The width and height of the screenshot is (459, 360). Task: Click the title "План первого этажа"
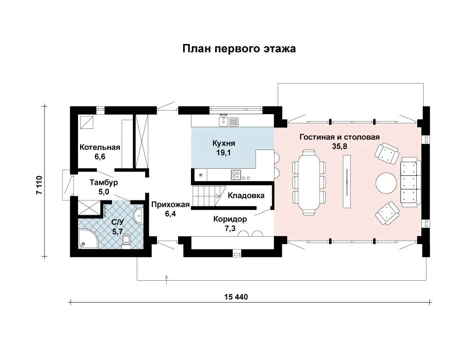coord(239,49)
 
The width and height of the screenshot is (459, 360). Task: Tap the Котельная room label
coord(100,147)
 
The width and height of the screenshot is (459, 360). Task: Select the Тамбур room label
coord(104,183)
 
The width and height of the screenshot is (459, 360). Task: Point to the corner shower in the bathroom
coord(86,239)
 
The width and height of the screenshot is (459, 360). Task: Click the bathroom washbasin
coord(138,216)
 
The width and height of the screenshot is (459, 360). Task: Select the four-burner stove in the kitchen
coord(235,175)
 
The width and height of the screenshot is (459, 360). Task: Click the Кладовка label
coord(246,195)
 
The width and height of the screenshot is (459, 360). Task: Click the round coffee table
coord(386,183)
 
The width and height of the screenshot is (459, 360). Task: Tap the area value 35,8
coord(339,146)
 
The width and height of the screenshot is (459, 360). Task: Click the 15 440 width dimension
coord(236,297)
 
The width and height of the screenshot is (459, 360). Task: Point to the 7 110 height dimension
coord(39,185)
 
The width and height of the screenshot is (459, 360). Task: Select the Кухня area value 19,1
coord(224,153)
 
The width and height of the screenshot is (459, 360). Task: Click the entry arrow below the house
coord(167,280)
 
